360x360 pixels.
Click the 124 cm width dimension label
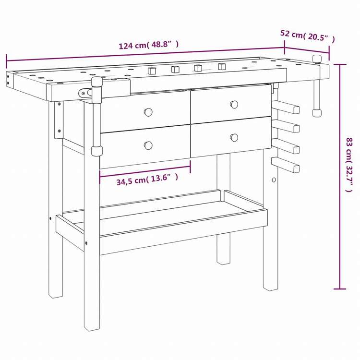pos(148,46)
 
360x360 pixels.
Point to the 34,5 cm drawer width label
pos(147,179)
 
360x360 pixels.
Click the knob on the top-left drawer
pos(148,112)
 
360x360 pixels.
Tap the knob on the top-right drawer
pos(234,104)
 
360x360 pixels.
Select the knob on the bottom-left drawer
pos(148,145)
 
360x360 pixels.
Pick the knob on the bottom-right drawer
pos(234,137)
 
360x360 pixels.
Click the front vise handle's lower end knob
pos(96,151)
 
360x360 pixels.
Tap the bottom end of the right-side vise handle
pos(317,113)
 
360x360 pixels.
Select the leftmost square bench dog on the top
pos(152,71)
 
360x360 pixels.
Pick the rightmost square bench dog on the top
pos(222,66)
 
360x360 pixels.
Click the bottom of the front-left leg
pos(92,326)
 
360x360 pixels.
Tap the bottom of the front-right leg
pos(271,287)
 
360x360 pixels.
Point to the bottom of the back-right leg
pos(223,261)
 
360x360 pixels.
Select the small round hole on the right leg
pos(274,180)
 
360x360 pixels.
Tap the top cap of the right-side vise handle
pos(317,59)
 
